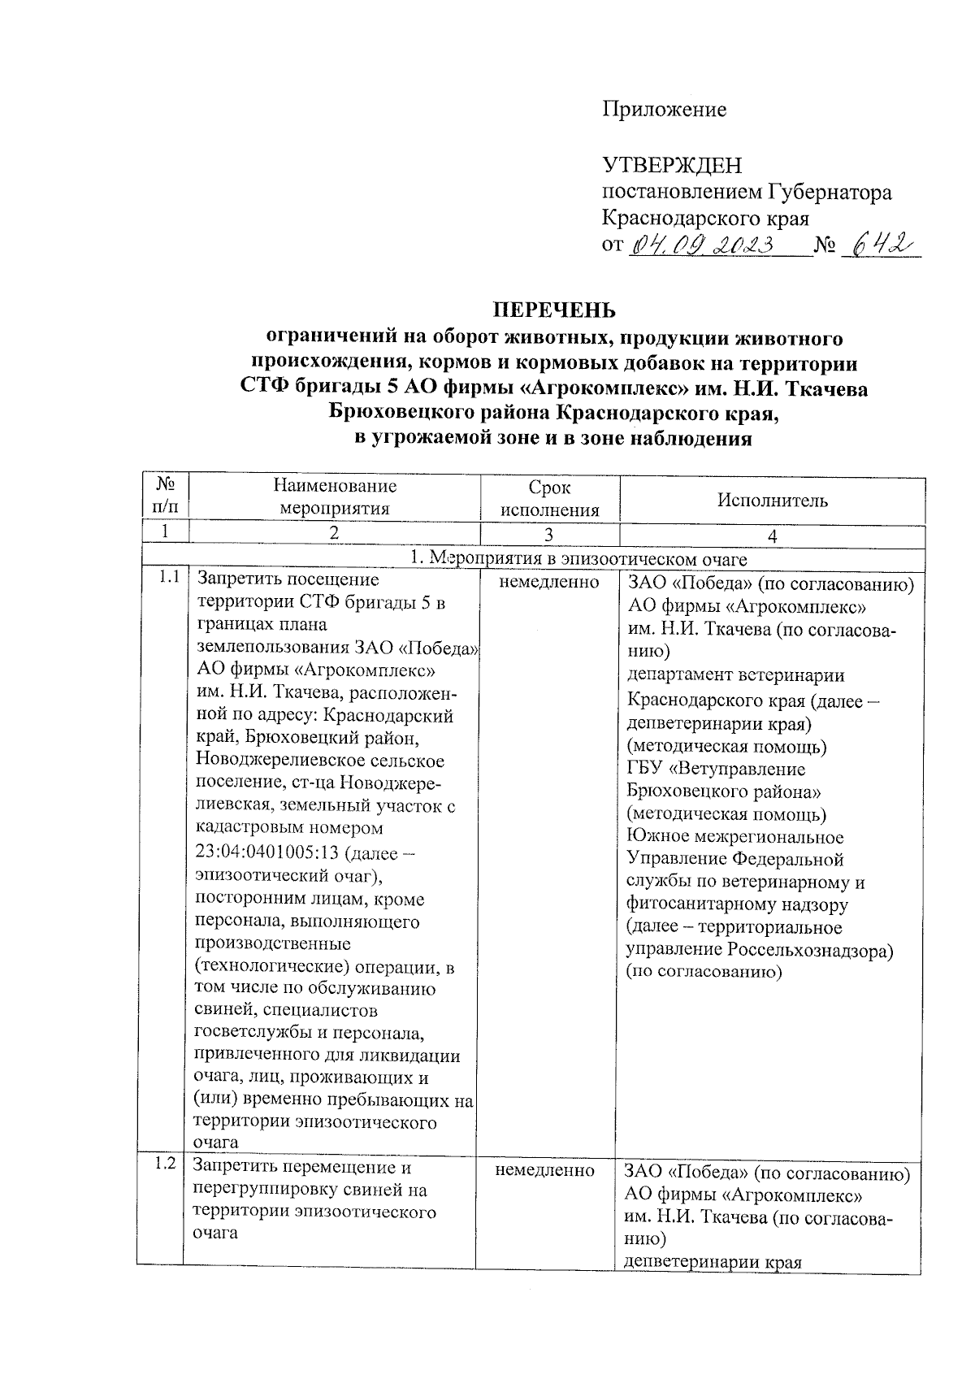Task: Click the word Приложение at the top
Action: click(x=664, y=110)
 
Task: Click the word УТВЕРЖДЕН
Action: click(x=671, y=166)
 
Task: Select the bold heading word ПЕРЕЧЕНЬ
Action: click(x=555, y=310)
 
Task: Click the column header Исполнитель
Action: click(x=772, y=501)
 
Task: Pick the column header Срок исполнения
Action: click(x=549, y=499)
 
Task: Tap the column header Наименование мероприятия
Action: click(x=335, y=497)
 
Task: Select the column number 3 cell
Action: click(x=549, y=536)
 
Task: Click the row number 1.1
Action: click(x=168, y=579)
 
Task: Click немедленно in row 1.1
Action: click(x=549, y=582)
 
